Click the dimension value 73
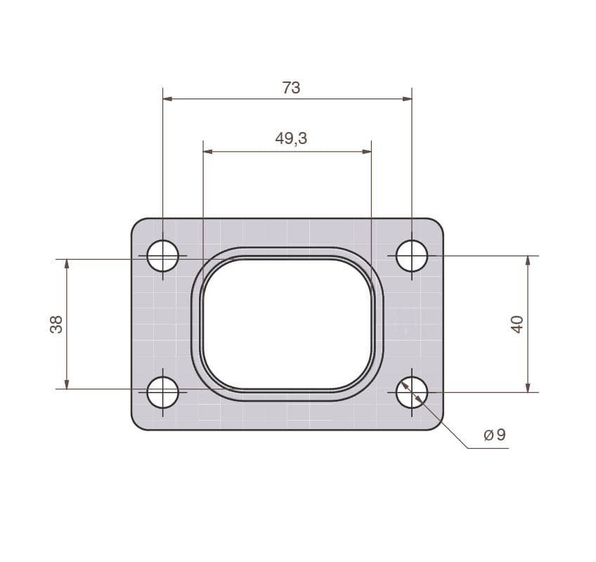(x=291, y=88)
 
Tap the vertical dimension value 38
(x=56, y=324)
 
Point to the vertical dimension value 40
(x=517, y=324)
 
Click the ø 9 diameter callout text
(x=495, y=435)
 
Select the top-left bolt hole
(x=163, y=256)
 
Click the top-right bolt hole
(x=412, y=256)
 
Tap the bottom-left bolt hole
(x=163, y=392)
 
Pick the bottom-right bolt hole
(x=412, y=392)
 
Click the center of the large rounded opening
(x=287, y=324)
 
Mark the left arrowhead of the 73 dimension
(x=168, y=99)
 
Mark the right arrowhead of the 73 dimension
(x=407, y=99)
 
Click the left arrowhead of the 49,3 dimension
(x=208, y=151)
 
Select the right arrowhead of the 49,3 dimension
(x=366, y=151)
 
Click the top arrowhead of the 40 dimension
(x=528, y=261)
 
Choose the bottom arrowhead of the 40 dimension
(x=528, y=387)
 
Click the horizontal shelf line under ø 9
(x=488, y=448)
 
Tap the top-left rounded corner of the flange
(x=136, y=223)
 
